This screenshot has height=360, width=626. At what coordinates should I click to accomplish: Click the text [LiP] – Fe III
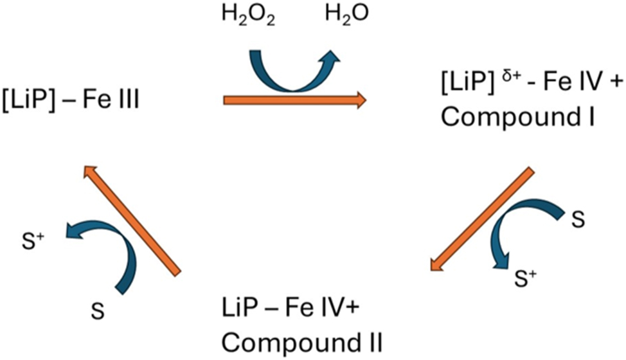70,100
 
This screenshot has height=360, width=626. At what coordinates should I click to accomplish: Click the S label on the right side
577,219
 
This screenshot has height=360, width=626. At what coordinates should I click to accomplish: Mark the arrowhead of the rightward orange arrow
359,100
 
